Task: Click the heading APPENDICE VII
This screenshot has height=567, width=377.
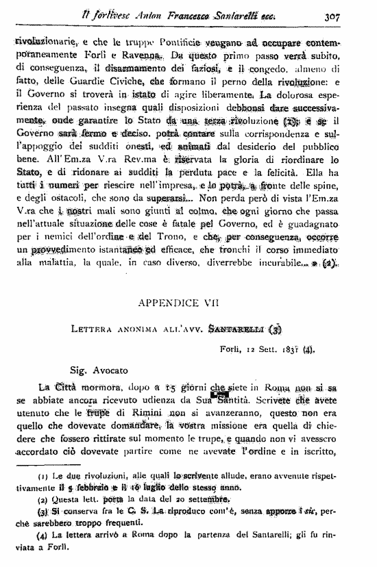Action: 188,301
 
